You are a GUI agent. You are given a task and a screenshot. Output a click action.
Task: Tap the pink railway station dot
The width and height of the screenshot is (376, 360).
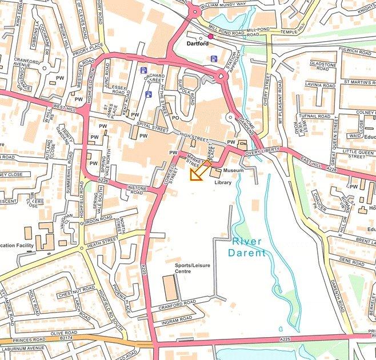pyautogui.click(x=210, y=36)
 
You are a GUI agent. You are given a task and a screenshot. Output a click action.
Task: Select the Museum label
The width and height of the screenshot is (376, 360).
pyautogui.click(x=234, y=170)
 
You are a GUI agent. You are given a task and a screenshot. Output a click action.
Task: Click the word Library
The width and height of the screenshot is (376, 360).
pyautogui.click(x=223, y=182)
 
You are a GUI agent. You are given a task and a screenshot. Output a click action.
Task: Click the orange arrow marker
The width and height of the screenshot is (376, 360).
pyautogui.click(x=198, y=173)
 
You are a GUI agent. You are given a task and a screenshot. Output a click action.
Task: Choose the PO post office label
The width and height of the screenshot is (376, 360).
pyautogui.click(x=175, y=118)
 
